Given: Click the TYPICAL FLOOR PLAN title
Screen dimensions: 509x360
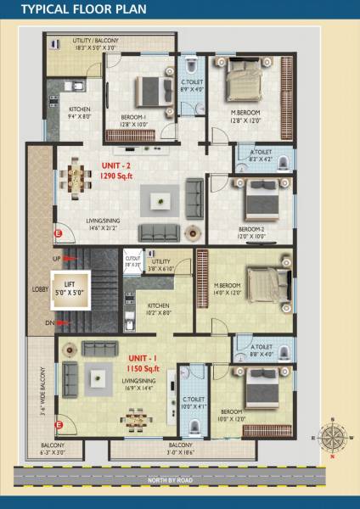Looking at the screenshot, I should click(72, 11).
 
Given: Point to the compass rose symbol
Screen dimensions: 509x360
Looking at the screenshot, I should click(331, 439).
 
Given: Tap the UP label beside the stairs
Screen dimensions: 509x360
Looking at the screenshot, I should click(57, 258).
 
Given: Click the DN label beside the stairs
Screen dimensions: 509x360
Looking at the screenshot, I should click(50, 323).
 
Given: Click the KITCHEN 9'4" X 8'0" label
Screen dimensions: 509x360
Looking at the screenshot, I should click(80, 112).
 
